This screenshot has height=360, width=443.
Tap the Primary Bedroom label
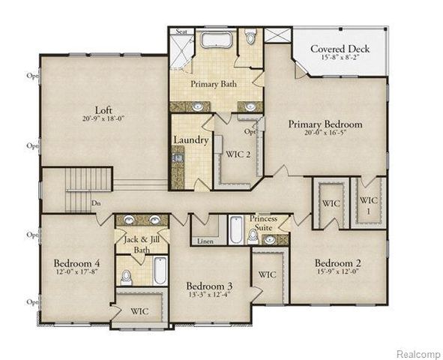pyautogui.click(x=325, y=124)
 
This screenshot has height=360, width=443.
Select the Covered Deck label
pyautogui.click(x=340, y=49)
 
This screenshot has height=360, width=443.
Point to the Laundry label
pyautogui.click(x=190, y=140)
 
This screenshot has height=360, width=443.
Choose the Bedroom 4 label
pyautogui.click(x=76, y=263)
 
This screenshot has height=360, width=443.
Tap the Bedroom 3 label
pyautogui.click(x=210, y=286)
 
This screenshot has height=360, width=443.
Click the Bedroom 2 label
pyautogui.click(x=339, y=263)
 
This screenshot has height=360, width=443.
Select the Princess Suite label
pyautogui.click(x=264, y=223)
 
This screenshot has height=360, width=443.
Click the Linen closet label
pyautogui.click(x=205, y=241)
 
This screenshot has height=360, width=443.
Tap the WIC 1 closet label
pyautogui.click(x=368, y=205)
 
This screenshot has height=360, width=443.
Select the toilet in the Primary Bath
pyautogui.click(x=250, y=37)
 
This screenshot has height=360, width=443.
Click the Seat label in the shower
pyautogui.click(x=181, y=31)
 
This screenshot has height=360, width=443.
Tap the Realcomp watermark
pyautogui.click(x=418, y=353)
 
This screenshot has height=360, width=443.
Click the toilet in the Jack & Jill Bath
pyautogui.click(x=127, y=277)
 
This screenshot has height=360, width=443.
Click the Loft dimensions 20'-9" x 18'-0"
pyautogui.click(x=103, y=118)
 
